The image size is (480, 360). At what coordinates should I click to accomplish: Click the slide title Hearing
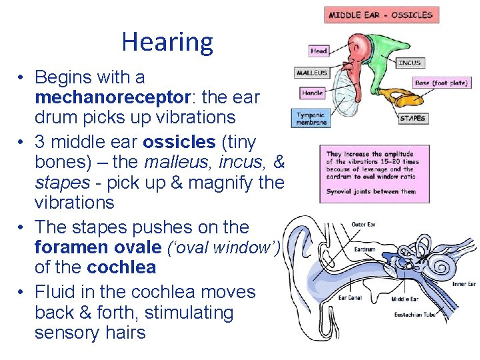(167, 42)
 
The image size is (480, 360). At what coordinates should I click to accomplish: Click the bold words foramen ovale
(97, 247)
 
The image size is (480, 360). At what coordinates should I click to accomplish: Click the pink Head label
(319, 51)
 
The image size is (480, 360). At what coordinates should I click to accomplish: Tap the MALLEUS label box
(312, 73)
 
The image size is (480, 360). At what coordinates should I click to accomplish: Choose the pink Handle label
(313, 93)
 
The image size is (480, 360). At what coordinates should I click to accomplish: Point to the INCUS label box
(409, 63)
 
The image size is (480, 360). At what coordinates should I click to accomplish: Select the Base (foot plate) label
(441, 83)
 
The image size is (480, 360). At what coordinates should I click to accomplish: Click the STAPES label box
(412, 118)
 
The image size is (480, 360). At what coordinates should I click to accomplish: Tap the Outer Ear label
(363, 225)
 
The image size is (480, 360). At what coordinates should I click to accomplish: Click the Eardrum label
(364, 249)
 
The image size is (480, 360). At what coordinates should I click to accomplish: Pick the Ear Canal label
(349, 297)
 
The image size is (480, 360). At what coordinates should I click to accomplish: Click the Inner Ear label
(464, 284)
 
